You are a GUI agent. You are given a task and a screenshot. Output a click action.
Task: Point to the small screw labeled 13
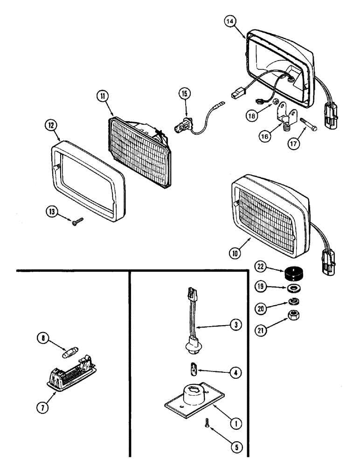click(76, 223)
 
